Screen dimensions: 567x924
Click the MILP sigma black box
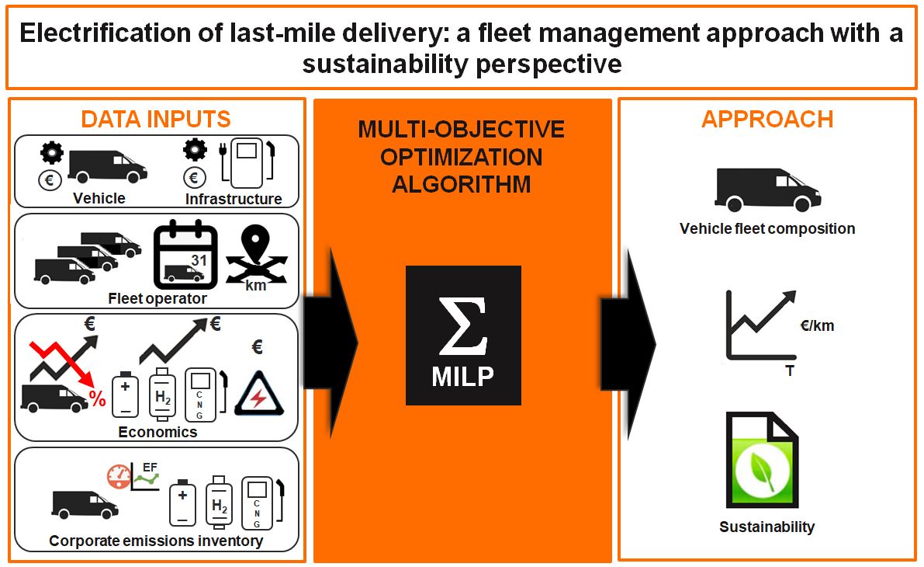click(463, 335)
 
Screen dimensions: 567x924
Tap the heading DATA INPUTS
click(156, 119)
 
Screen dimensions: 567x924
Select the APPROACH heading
click(767, 119)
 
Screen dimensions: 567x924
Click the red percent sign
click(97, 398)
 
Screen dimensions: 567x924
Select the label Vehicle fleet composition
click(767, 228)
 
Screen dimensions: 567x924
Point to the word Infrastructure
click(234, 199)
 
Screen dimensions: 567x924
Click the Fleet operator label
click(157, 298)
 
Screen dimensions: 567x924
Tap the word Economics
click(157, 432)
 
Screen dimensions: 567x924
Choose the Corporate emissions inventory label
click(156, 541)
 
